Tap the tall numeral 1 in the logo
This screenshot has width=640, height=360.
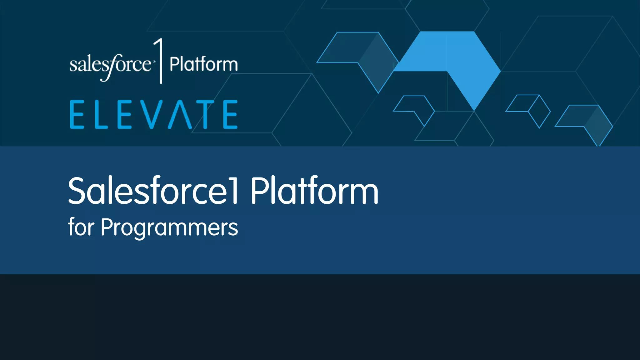point(160,61)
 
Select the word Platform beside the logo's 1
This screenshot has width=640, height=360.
point(203,64)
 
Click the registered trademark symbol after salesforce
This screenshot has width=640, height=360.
point(153,62)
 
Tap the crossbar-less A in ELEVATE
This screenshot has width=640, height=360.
point(180,115)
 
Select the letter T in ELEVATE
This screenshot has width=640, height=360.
point(205,114)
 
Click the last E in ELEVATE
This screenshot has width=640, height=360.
point(230,114)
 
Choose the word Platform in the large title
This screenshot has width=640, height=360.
point(314,191)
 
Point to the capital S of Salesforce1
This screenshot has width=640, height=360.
point(77,191)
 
